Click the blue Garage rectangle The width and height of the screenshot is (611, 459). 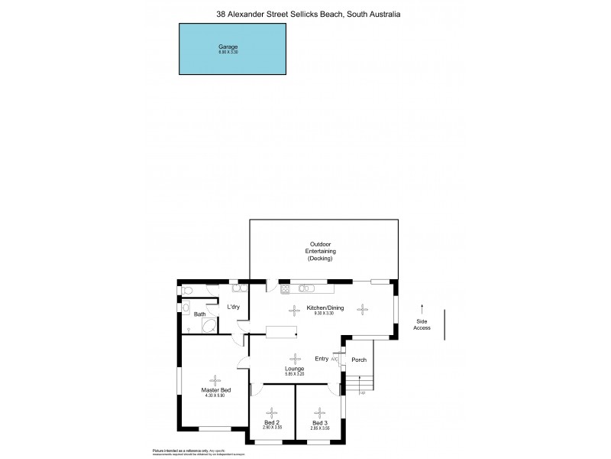[233, 49]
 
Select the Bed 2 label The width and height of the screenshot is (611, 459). [273, 422]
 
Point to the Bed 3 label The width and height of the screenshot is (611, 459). [319, 422]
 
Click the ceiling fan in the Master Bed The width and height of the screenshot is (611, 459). [215, 378]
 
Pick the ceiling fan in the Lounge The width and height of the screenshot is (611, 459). [295, 356]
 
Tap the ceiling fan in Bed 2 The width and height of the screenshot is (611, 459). [273, 411]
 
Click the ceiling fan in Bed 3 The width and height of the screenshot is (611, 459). [319, 411]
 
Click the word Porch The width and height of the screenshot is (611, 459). [359, 360]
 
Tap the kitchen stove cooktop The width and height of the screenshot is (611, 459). [286, 288]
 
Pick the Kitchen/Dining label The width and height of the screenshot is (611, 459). [325, 308]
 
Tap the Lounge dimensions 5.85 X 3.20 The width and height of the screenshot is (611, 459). [295, 373]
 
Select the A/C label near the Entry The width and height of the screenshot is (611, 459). [335, 359]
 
